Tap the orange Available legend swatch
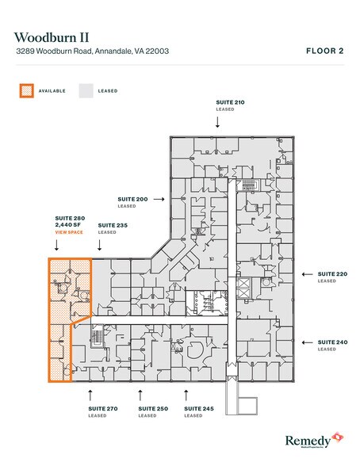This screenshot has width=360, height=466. click(x=27, y=90)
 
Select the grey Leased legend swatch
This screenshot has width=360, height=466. click(x=85, y=90)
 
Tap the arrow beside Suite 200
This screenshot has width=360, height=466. click(x=159, y=199)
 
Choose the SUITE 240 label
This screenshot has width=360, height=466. click(x=331, y=342)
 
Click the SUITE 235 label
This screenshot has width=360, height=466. click(x=112, y=225)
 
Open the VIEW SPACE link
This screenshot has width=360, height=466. click(x=68, y=233)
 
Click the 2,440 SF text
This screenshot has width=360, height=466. click(x=67, y=225)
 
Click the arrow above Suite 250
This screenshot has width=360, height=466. click(x=141, y=393)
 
